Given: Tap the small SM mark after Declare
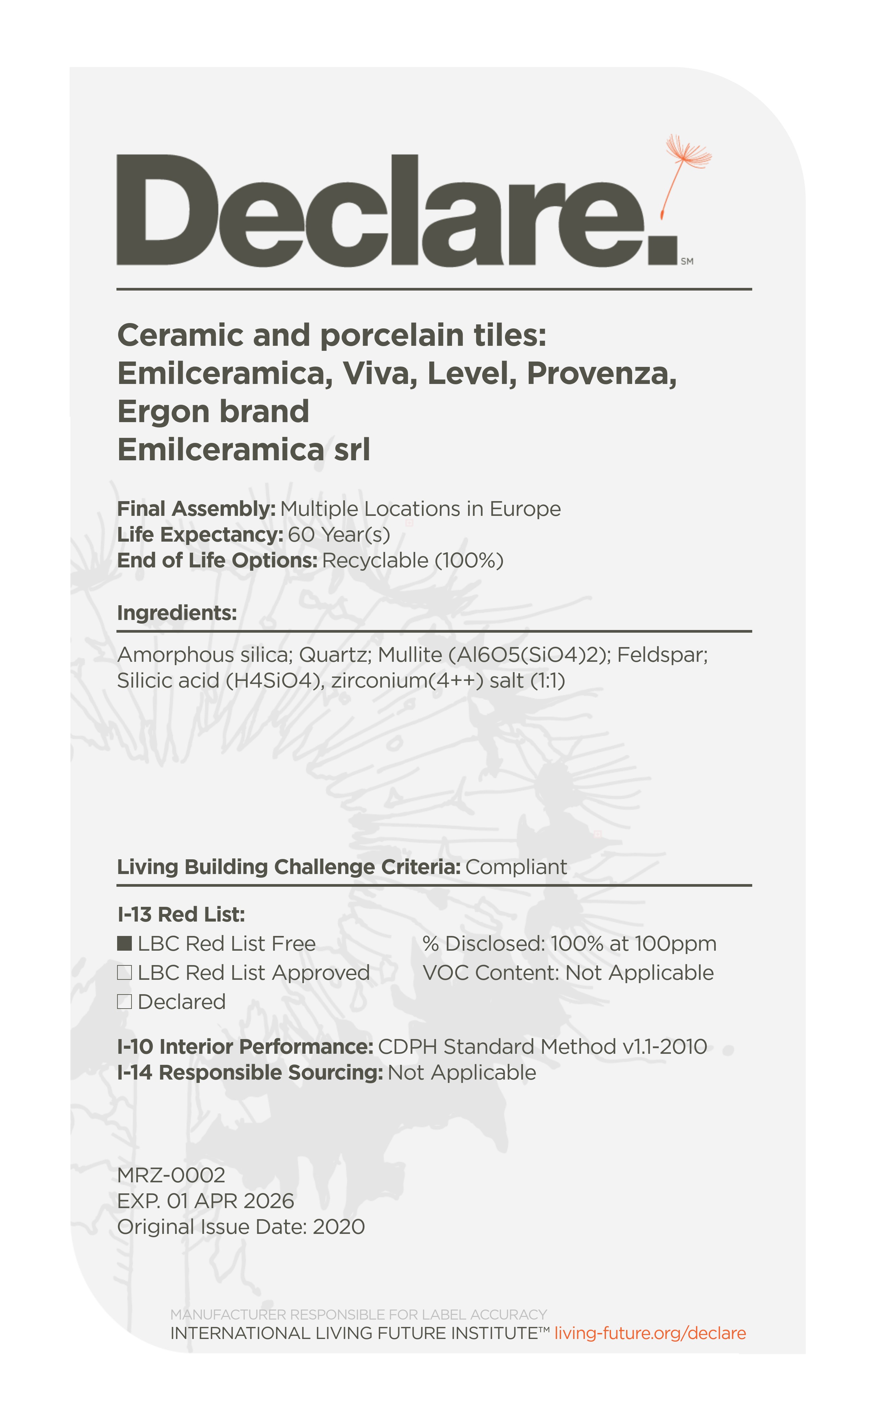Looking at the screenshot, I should (687, 261).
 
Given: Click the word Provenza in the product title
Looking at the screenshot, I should (601, 373).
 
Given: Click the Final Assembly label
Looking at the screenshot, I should (196, 509).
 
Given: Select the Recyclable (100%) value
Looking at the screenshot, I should (412, 560).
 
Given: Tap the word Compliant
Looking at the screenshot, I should (516, 867).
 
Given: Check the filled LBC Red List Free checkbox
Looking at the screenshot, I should (124, 944).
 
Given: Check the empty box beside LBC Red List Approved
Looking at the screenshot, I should (124, 972).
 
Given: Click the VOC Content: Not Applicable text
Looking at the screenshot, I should (568, 972).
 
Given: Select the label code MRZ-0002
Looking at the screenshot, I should (171, 1175).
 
